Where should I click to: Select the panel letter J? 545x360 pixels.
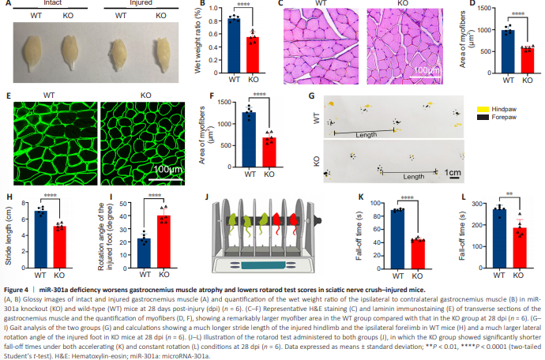[206, 197]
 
